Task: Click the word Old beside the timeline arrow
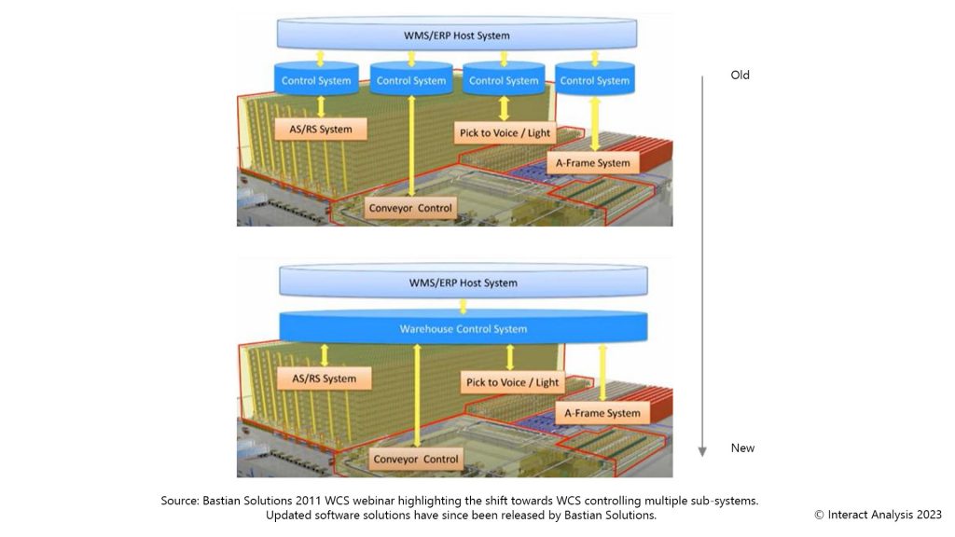740,75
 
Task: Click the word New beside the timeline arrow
742,447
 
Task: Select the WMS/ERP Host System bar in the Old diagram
456,35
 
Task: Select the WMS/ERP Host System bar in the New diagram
463,282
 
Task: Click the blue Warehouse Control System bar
463,328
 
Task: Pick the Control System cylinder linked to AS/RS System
317,79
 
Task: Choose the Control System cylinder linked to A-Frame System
595,79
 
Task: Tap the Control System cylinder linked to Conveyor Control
411,79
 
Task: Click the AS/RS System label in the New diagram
325,379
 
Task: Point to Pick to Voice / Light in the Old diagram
505,132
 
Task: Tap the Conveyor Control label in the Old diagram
410,208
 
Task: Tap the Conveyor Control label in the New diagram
416,459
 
